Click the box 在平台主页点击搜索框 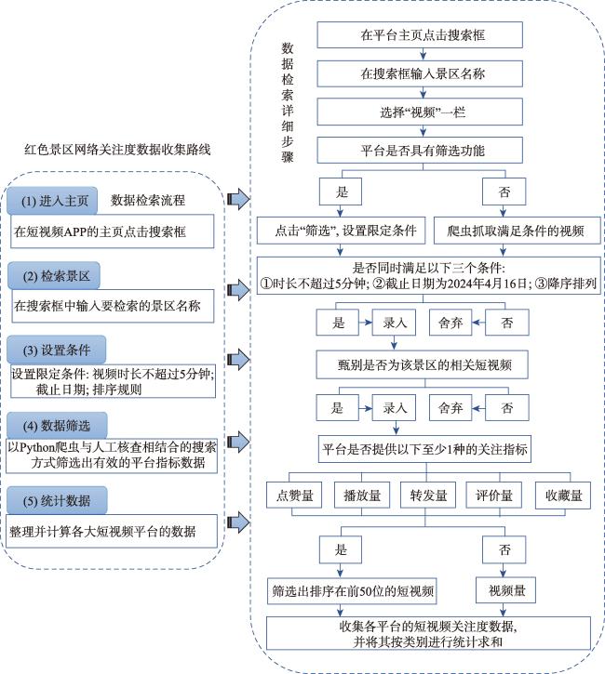click(420, 34)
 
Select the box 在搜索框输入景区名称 click(420, 73)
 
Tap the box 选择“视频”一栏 click(420, 112)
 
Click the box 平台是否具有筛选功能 click(420, 150)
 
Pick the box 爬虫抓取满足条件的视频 click(515, 231)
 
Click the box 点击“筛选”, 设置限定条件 click(342, 231)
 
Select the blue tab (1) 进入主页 click(52, 201)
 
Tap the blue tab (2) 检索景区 click(54, 275)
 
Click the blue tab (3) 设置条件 click(57, 350)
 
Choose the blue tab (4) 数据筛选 click(57, 426)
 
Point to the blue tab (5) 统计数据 click(57, 500)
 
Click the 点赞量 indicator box click(294, 496)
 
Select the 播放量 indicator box click(362, 496)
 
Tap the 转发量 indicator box click(428, 496)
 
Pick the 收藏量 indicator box click(563, 496)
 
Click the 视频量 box click(506, 590)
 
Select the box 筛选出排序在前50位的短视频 click(352, 591)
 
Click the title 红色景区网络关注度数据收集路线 click(117, 150)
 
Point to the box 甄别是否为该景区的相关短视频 click(423, 365)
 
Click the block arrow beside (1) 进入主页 click(238, 199)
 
